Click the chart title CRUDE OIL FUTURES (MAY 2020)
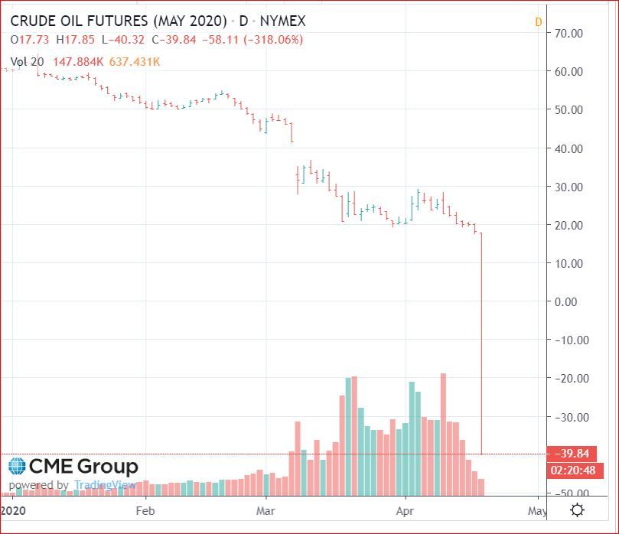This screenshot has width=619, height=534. click(119, 21)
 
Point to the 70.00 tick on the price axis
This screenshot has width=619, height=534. click(569, 33)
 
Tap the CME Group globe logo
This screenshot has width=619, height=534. click(17, 466)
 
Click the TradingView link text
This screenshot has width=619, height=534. click(105, 485)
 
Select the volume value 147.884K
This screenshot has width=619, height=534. click(80, 60)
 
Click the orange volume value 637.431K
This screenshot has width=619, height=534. click(135, 60)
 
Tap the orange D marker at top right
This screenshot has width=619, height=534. click(538, 22)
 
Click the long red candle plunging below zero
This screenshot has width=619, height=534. click(481, 344)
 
